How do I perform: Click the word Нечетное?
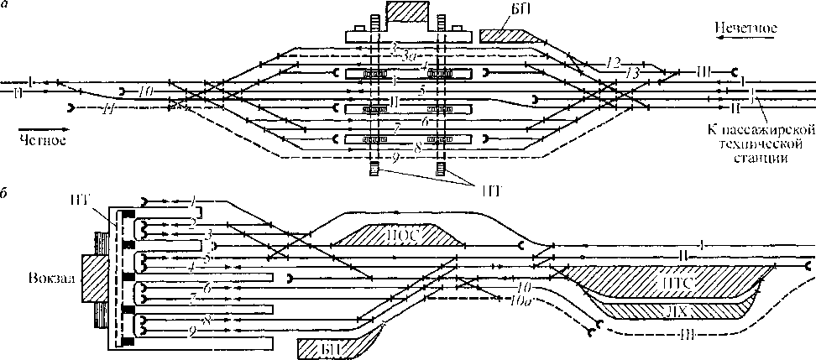pos(745,29)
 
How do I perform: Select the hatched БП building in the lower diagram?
pos(332,347)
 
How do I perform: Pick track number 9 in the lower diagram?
pos(194,332)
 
